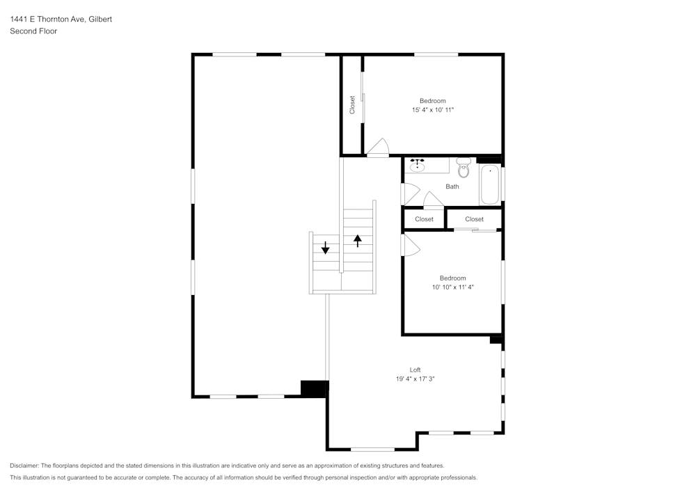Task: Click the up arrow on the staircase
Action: pyautogui.click(x=358, y=241)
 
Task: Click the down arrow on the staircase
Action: pyautogui.click(x=325, y=247)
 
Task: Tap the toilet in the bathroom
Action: pyautogui.click(x=464, y=167)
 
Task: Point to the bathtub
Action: pyautogui.click(x=489, y=184)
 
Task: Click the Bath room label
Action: pyautogui.click(x=452, y=187)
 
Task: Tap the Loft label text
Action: pyautogui.click(x=415, y=370)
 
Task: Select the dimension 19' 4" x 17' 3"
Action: pyautogui.click(x=415, y=379)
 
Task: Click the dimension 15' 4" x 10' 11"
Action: pyautogui.click(x=432, y=110)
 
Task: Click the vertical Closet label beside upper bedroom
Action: pyautogui.click(x=352, y=105)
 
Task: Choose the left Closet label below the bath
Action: pyautogui.click(x=424, y=219)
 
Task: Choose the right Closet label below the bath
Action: pyautogui.click(x=474, y=219)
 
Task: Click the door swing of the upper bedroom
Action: pyautogui.click(x=378, y=148)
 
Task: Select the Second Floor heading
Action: pyautogui.click(x=33, y=31)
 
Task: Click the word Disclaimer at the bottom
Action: pyautogui.click(x=24, y=466)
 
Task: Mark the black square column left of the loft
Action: pyautogui.click(x=314, y=388)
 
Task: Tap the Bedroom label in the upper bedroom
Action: pyautogui.click(x=432, y=101)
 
